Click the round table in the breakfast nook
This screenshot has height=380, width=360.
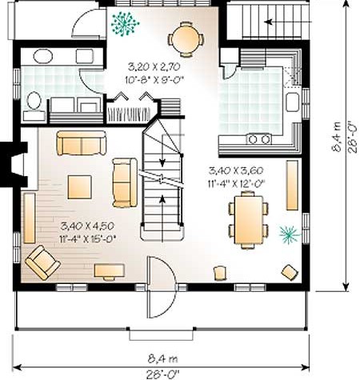186,39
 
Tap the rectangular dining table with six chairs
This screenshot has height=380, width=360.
249,220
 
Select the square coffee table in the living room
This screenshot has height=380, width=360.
79,187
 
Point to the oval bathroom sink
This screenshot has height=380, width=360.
43,56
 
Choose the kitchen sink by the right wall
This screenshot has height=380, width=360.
292,102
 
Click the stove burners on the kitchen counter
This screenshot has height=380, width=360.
258,139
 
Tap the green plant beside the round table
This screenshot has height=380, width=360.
125,23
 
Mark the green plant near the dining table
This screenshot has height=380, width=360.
290,234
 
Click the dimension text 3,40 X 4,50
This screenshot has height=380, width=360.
87,226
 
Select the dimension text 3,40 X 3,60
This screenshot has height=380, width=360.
236,170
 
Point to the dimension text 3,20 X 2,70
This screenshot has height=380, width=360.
154,66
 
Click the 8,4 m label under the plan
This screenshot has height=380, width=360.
162,358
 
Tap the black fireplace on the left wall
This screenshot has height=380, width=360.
14,164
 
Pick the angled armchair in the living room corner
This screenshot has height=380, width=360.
42,262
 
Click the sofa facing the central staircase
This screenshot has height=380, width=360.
125,182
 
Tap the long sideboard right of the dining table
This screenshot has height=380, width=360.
292,185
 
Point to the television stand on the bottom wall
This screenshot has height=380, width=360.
109,271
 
